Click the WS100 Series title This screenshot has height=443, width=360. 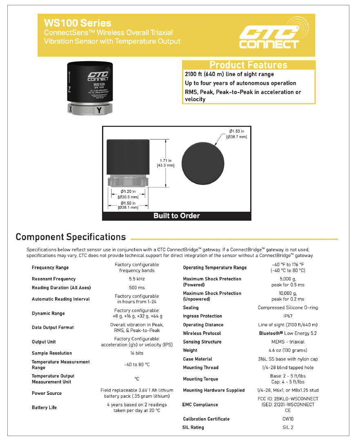tap(78, 23)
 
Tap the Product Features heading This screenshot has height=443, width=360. tap(248, 65)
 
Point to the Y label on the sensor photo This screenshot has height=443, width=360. tap(99, 110)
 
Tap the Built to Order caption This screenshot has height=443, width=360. tap(176, 215)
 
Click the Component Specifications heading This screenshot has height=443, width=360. tap(71, 237)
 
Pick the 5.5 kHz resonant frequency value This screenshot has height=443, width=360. tap(137, 279)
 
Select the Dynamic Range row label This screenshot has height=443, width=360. tap(49, 313)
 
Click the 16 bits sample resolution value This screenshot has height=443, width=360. tap(137, 353)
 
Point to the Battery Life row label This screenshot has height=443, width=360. tap(44, 408)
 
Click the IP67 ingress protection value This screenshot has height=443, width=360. tap(288, 316)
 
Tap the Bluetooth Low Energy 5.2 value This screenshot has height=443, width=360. tap(288, 333)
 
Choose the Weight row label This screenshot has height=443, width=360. tap(190, 350)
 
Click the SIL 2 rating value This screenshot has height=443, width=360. tap(288, 427)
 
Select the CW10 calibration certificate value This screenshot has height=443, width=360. tap(288, 419)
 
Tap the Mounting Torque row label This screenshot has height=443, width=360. tap(200, 379)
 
